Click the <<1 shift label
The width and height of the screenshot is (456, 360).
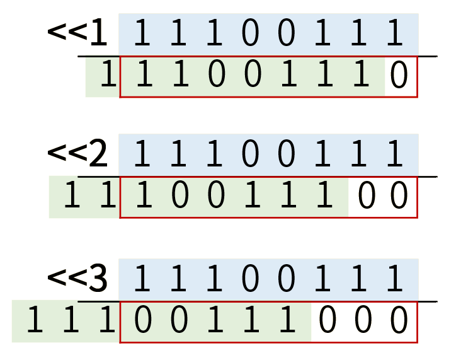[78, 34]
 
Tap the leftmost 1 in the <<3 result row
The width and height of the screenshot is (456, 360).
[36, 321]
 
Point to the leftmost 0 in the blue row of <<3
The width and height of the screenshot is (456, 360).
[251, 278]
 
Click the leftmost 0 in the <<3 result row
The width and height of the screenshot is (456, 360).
[144, 321]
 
